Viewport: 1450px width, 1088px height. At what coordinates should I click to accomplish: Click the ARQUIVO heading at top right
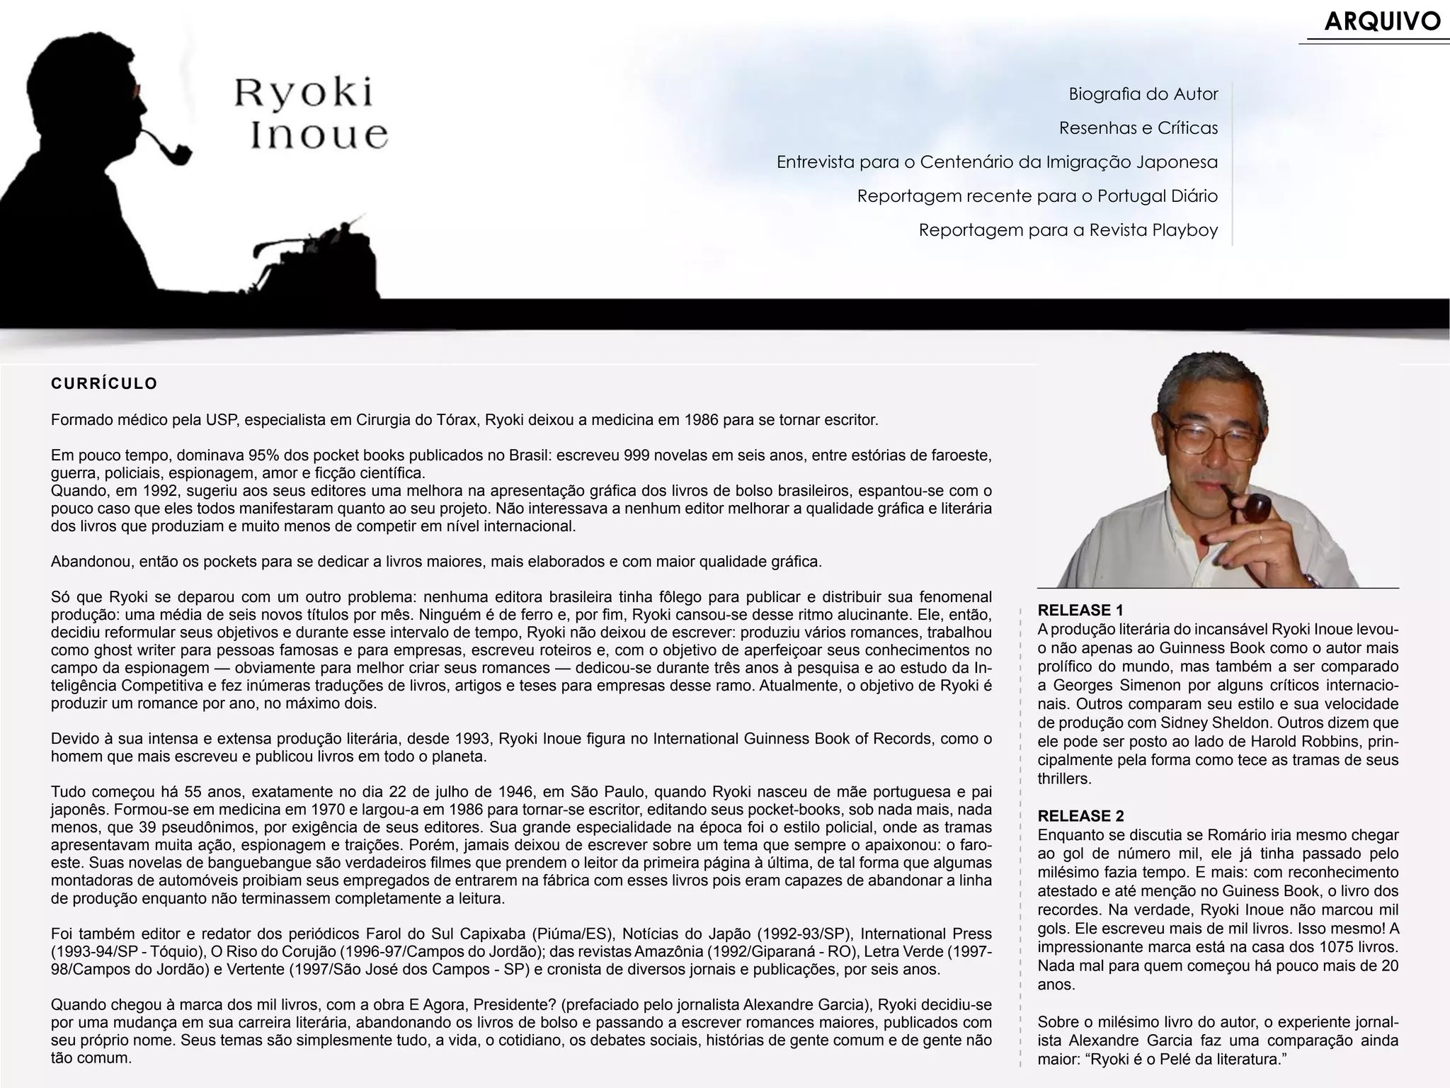click(1381, 22)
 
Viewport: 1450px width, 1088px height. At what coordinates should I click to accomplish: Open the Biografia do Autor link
click(1143, 94)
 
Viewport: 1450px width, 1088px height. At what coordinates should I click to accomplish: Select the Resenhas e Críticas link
click(1138, 128)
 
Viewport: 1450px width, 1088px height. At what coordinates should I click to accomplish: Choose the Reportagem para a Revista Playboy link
click(1068, 230)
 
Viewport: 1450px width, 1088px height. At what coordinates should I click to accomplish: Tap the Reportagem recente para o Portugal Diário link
click(1037, 196)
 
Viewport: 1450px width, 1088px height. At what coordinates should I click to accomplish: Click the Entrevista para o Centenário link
click(996, 162)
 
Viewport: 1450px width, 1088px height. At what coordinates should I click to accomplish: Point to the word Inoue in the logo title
click(319, 135)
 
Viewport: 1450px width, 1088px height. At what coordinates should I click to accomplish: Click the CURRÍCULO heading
click(104, 384)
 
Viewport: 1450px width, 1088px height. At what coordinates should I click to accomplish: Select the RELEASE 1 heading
click(1080, 610)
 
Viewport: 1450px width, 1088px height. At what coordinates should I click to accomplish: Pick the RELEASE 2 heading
click(1080, 816)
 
